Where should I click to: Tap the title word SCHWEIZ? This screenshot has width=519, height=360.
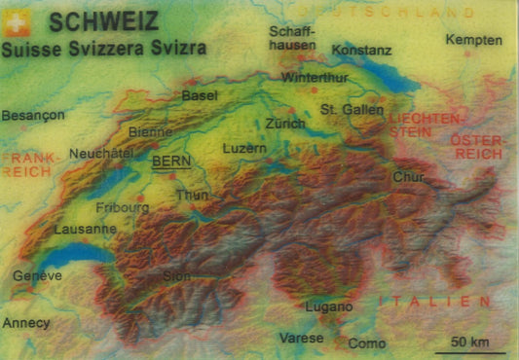(x=94, y=20)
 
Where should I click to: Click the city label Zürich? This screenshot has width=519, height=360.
(x=285, y=125)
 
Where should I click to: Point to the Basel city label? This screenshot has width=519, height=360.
(x=200, y=95)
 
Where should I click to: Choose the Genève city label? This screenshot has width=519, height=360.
(x=37, y=275)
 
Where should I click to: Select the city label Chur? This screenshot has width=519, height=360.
(x=409, y=177)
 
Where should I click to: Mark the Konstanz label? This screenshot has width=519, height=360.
(x=361, y=49)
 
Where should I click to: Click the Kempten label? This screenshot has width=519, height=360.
(x=474, y=40)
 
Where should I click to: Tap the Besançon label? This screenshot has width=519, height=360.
(x=33, y=115)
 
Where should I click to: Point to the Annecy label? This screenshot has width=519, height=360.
(x=26, y=322)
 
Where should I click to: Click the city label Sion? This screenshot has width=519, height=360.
(x=176, y=275)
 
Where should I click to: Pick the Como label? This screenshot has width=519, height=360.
(x=367, y=343)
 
